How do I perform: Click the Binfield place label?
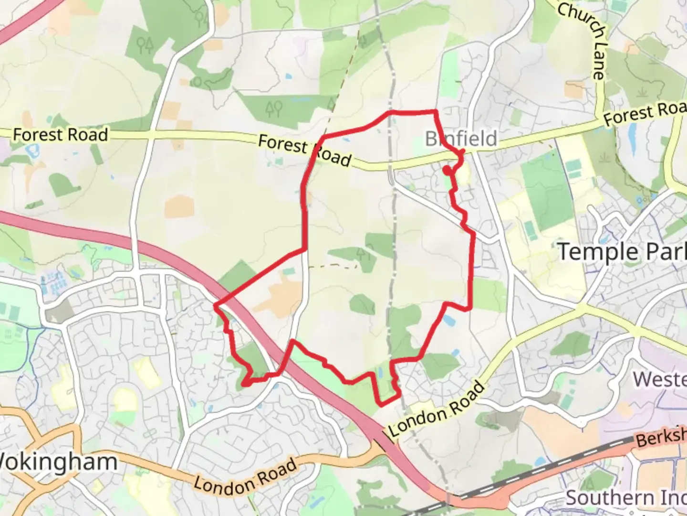click(x=461, y=139)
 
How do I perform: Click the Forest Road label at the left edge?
click(x=60, y=135)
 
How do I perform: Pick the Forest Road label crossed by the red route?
click(x=305, y=150)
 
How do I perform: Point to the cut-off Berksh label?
click(x=661, y=436)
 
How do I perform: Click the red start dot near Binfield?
click(x=447, y=170)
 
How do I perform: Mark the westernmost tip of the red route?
click(x=216, y=304)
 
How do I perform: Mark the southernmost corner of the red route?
click(x=381, y=405)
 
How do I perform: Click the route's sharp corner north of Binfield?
click(x=435, y=112)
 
